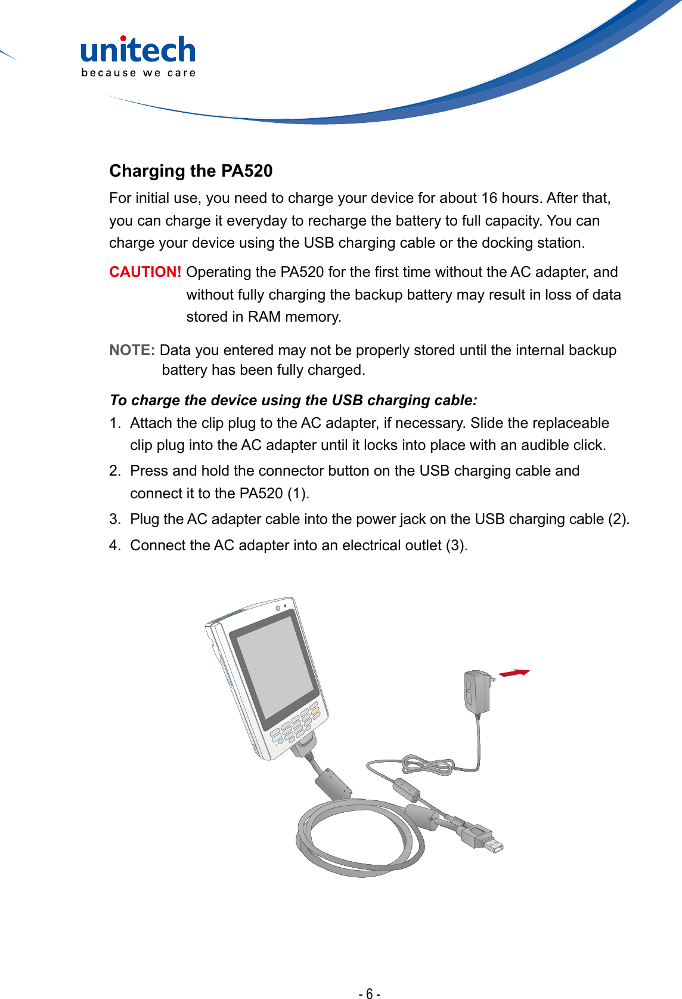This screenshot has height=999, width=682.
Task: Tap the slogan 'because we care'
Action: [138, 73]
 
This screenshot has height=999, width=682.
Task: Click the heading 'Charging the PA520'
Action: [191, 171]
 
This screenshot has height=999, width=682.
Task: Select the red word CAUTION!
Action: [145, 272]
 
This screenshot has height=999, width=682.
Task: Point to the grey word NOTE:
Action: [132, 350]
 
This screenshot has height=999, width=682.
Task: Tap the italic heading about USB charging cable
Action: [293, 400]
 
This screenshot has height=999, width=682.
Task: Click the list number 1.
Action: [114, 423]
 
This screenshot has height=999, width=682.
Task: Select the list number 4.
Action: [114, 545]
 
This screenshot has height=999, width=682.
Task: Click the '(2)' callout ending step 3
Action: [618, 519]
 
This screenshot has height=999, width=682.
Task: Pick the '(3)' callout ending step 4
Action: [455, 545]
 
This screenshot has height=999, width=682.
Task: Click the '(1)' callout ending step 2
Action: [297, 494]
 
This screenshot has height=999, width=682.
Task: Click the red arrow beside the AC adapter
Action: [513, 673]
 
